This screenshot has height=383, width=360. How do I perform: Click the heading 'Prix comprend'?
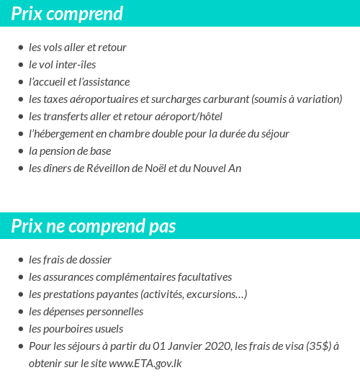67,14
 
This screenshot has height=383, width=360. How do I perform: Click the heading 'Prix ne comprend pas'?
93,226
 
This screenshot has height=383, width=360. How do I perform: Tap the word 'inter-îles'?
75,65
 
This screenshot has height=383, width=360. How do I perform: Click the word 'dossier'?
95,260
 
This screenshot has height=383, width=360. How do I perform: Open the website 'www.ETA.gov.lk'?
145,364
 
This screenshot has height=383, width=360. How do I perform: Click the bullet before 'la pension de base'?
20,151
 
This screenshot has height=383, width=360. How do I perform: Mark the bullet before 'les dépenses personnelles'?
20,312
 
